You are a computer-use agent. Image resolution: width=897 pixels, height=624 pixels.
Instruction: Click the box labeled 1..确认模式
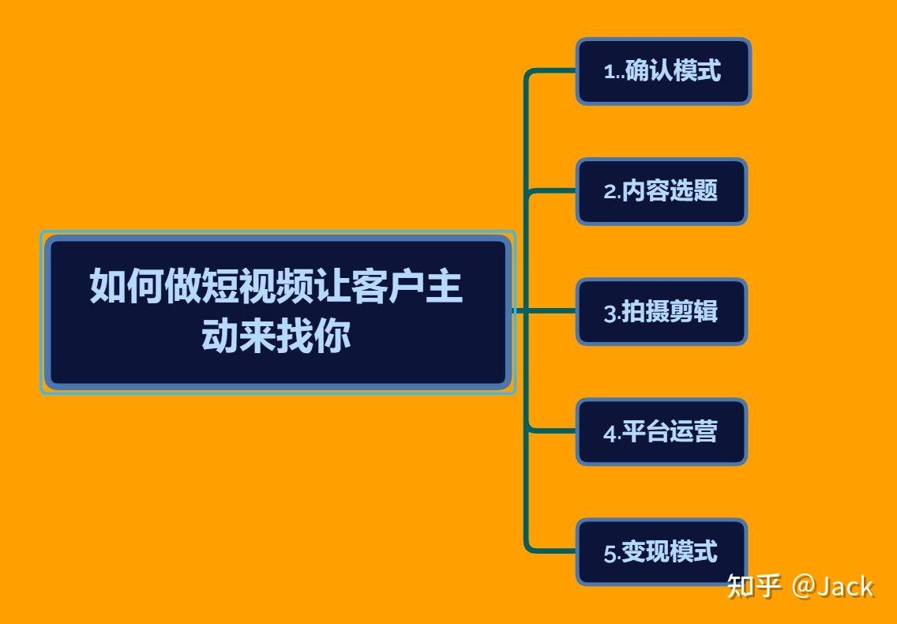point(663,72)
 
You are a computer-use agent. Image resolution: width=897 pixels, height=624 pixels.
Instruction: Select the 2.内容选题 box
point(662,191)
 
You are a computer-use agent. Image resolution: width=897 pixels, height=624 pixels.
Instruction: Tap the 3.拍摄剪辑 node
point(662,311)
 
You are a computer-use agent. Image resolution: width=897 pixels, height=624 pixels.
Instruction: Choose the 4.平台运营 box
point(662,431)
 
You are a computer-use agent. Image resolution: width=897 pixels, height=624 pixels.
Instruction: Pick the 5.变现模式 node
point(662,552)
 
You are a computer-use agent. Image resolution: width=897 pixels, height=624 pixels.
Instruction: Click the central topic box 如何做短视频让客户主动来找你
point(278,312)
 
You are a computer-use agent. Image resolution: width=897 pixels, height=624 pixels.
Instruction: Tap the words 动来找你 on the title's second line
point(276,335)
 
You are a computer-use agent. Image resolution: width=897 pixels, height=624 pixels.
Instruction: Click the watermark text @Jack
point(833,586)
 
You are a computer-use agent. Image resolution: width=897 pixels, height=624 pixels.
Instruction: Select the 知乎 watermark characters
point(754,585)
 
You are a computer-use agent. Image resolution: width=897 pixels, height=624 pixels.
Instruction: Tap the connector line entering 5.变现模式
point(550,551)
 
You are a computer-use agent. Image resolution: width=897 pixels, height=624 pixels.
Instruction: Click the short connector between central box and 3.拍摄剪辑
point(544,311)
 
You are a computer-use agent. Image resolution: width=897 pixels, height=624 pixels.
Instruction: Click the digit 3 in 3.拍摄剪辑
point(610,313)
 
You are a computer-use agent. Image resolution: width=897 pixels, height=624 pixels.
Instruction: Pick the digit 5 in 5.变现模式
point(610,554)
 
